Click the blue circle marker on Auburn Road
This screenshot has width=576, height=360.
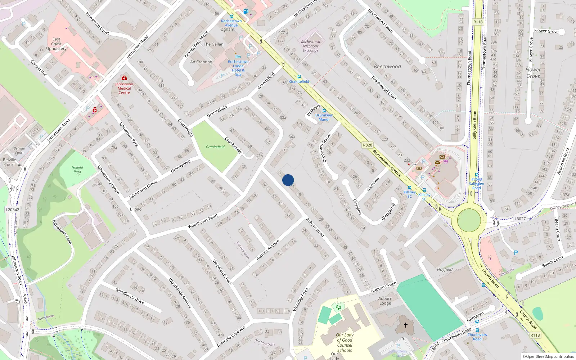(288, 180)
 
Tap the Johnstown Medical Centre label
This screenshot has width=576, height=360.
(124, 88)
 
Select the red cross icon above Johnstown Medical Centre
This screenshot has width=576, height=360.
(124, 78)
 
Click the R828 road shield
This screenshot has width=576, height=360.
(368, 145)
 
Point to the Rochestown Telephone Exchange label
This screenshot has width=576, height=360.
(310, 46)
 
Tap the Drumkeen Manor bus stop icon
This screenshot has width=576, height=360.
(324, 111)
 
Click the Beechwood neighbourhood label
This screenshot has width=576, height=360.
(387, 67)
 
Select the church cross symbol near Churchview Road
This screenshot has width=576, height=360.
(405, 325)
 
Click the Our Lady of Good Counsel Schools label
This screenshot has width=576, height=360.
(345, 342)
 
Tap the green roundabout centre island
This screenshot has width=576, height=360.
(469, 220)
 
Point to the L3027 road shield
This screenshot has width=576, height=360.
(520, 219)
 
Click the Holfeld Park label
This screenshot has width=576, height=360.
(77, 170)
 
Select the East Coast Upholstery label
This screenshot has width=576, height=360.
(57, 44)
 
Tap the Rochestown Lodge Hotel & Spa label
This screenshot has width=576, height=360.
(238, 68)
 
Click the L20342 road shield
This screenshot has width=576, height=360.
(13, 210)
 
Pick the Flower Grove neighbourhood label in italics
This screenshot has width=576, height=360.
(533, 73)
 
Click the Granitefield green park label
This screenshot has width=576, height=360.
(215, 147)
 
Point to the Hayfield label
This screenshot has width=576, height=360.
(445, 269)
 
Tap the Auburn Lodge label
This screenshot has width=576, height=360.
(385, 301)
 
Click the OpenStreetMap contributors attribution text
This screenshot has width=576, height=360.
(548, 356)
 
